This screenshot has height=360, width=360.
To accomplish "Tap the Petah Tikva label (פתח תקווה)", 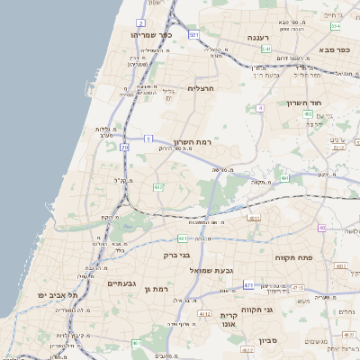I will point(293,257).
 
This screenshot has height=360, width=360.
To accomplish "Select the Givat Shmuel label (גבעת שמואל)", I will point(211,270).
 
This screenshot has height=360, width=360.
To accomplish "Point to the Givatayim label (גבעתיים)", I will point(121,283).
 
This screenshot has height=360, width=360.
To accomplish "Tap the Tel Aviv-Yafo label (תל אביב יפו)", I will point(58,295).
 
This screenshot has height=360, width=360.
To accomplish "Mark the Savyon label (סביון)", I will point(267,341).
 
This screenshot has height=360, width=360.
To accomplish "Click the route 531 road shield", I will point(193,33).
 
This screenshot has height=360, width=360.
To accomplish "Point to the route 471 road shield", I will point(248,285).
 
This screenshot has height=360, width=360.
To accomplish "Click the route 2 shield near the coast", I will point(141,22).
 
